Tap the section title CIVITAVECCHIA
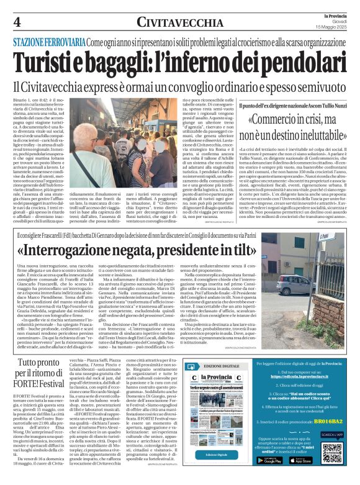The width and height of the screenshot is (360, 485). [180, 21]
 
